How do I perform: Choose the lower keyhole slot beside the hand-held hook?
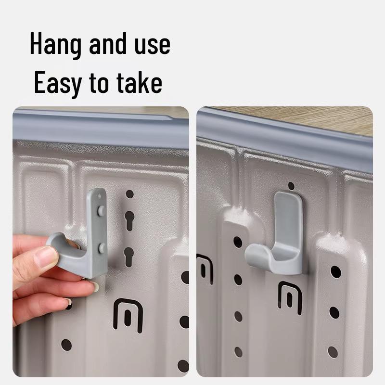pos(128,255)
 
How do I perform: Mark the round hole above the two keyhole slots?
pos(129,194)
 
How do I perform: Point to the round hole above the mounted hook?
pos(291,186)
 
